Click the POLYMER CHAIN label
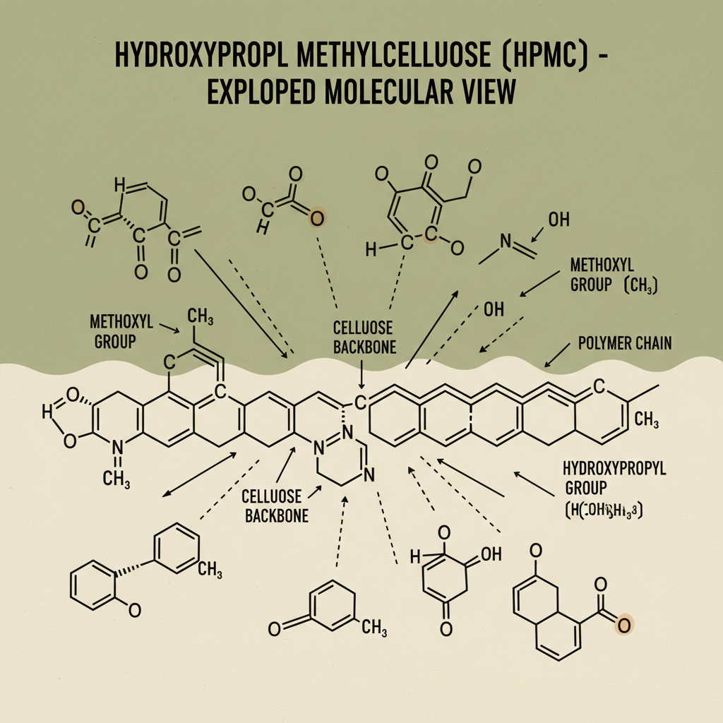tap(625, 344)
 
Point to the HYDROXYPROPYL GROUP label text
tap(614, 478)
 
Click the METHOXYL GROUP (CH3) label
tap(612, 275)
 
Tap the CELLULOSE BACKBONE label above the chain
tap(365, 337)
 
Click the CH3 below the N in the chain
tap(116, 479)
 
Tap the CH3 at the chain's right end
tap(647, 422)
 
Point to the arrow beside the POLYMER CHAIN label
tap(557, 355)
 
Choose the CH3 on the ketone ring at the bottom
tap(374, 626)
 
